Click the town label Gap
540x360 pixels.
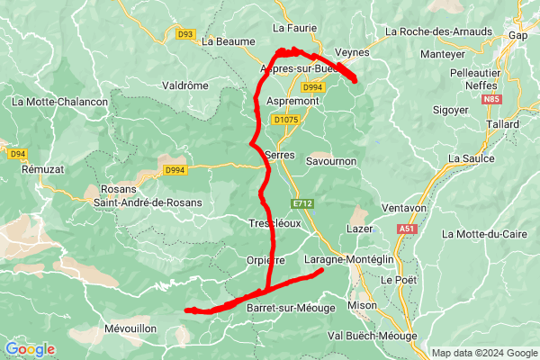[x=517, y=35]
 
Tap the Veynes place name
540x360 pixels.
[x=352, y=53]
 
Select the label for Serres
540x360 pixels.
[x=281, y=155]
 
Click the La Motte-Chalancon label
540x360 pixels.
[x=59, y=103]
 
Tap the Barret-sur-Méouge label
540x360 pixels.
[x=290, y=308]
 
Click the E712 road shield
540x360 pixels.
[x=302, y=203]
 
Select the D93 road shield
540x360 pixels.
[x=186, y=34]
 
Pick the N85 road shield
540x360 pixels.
[x=516, y=99]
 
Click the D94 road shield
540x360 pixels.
[x=18, y=154]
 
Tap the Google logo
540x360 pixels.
[x=30, y=349]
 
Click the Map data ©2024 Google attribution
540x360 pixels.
[x=484, y=353]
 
